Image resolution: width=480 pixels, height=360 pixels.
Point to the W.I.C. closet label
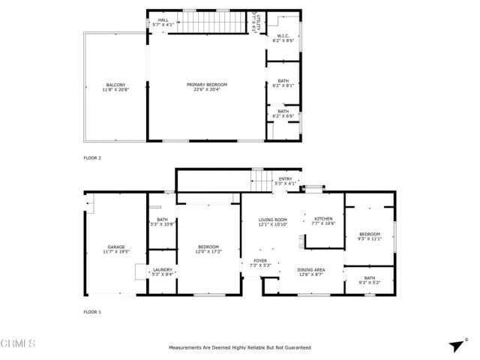point(283,35)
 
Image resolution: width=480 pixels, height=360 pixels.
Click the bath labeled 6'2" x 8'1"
point(283,83)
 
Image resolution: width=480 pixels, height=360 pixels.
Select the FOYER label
point(260,262)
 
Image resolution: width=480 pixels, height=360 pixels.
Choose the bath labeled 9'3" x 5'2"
point(369,280)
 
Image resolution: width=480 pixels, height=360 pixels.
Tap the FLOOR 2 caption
point(92,158)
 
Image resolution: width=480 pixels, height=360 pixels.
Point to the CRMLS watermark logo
point(19,344)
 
